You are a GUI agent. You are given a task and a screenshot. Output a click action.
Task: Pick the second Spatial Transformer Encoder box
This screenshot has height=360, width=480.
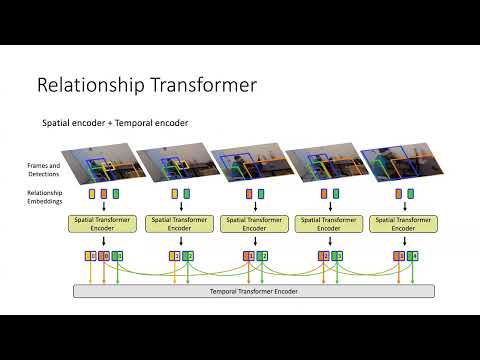click(x=181, y=224)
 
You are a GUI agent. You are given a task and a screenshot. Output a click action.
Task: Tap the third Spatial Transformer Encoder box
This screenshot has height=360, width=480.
click(x=255, y=224)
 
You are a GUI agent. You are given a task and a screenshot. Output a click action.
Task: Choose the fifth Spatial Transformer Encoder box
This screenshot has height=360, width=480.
click(x=403, y=224)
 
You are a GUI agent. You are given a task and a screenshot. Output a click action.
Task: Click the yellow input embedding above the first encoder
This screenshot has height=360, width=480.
click(x=92, y=194)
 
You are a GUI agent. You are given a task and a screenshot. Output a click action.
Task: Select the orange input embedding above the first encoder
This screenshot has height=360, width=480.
click(x=104, y=194)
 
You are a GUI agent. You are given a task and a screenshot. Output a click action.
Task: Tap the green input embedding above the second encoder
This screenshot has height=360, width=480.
click(x=188, y=194)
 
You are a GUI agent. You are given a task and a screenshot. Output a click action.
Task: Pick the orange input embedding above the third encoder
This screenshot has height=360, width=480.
click(x=249, y=194)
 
